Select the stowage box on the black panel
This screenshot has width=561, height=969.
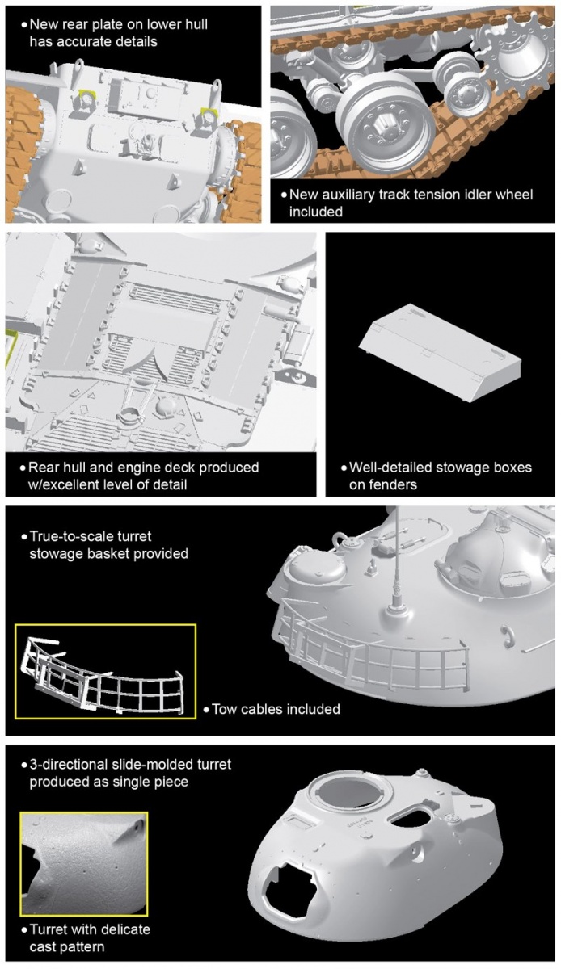(x=439, y=352)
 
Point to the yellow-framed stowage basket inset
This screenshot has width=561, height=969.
(x=105, y=671)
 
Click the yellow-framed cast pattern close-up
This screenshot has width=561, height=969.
(x=84, y=864)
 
